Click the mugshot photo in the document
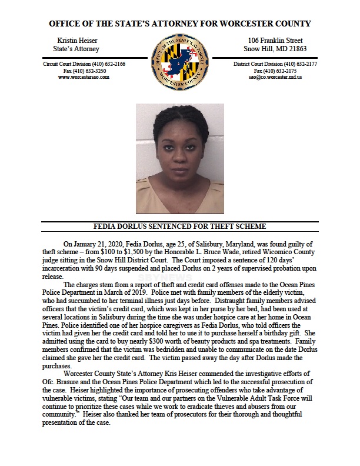[179, 158]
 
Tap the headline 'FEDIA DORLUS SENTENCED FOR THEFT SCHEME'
[180, 226]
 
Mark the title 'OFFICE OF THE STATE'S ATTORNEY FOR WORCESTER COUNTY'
[180, 24]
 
